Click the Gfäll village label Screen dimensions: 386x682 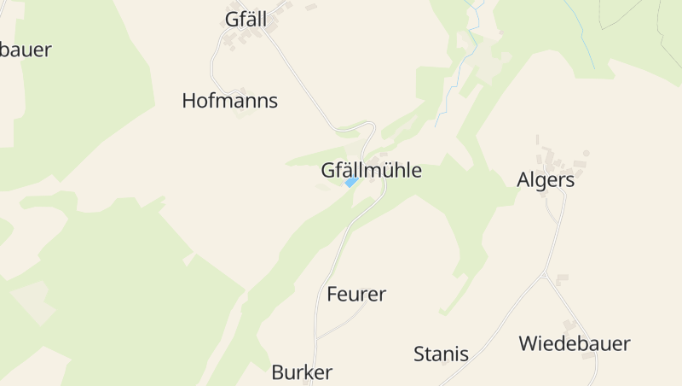(x=246, y=19)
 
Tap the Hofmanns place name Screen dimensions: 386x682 (x=229, y=101)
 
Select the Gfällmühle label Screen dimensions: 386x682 (x=371, y=170)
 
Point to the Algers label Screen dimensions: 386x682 (x=546, y=180)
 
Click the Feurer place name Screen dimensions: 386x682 (x=356, y=295)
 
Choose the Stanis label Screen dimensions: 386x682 (x=441, y=354)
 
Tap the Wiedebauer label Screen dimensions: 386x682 (x=575, y=344)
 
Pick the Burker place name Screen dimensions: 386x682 (x=301, y=372)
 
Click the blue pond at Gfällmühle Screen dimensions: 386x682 (x=350, y=182)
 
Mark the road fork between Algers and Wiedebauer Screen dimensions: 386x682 (x=544, y=276)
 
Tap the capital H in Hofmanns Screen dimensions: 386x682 (x=189, y=101)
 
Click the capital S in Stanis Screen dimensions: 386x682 (x=419, y=354)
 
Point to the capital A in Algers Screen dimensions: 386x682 (x=524, y=180)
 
